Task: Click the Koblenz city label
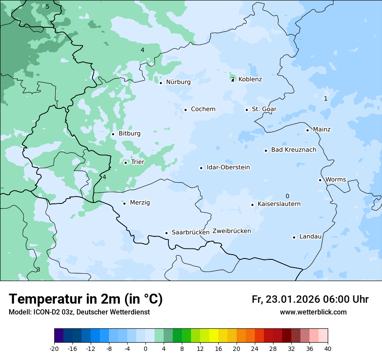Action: pos(250,79)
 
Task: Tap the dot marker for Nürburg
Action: pos(161,83)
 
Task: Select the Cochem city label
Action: pos(203,109)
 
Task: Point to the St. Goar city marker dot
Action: pos(247,110)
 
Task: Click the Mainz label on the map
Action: pos(322,129)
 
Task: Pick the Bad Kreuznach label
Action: pos(293,150)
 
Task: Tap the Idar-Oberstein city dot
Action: pos(201,168)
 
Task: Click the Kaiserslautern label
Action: pos(279,204)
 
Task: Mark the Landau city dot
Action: pos(294,237)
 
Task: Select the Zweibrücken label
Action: pos(231,231)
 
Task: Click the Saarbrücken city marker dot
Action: pos(166,233)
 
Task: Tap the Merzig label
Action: pos(140,203)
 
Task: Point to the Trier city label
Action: pos(137,162)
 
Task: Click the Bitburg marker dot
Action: pos(113,134)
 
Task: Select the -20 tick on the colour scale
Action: pos(54,348)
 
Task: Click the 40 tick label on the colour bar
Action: pos(327,348)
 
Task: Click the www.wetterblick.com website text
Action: pos(313,312)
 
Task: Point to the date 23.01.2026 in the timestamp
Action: pos(292,299)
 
